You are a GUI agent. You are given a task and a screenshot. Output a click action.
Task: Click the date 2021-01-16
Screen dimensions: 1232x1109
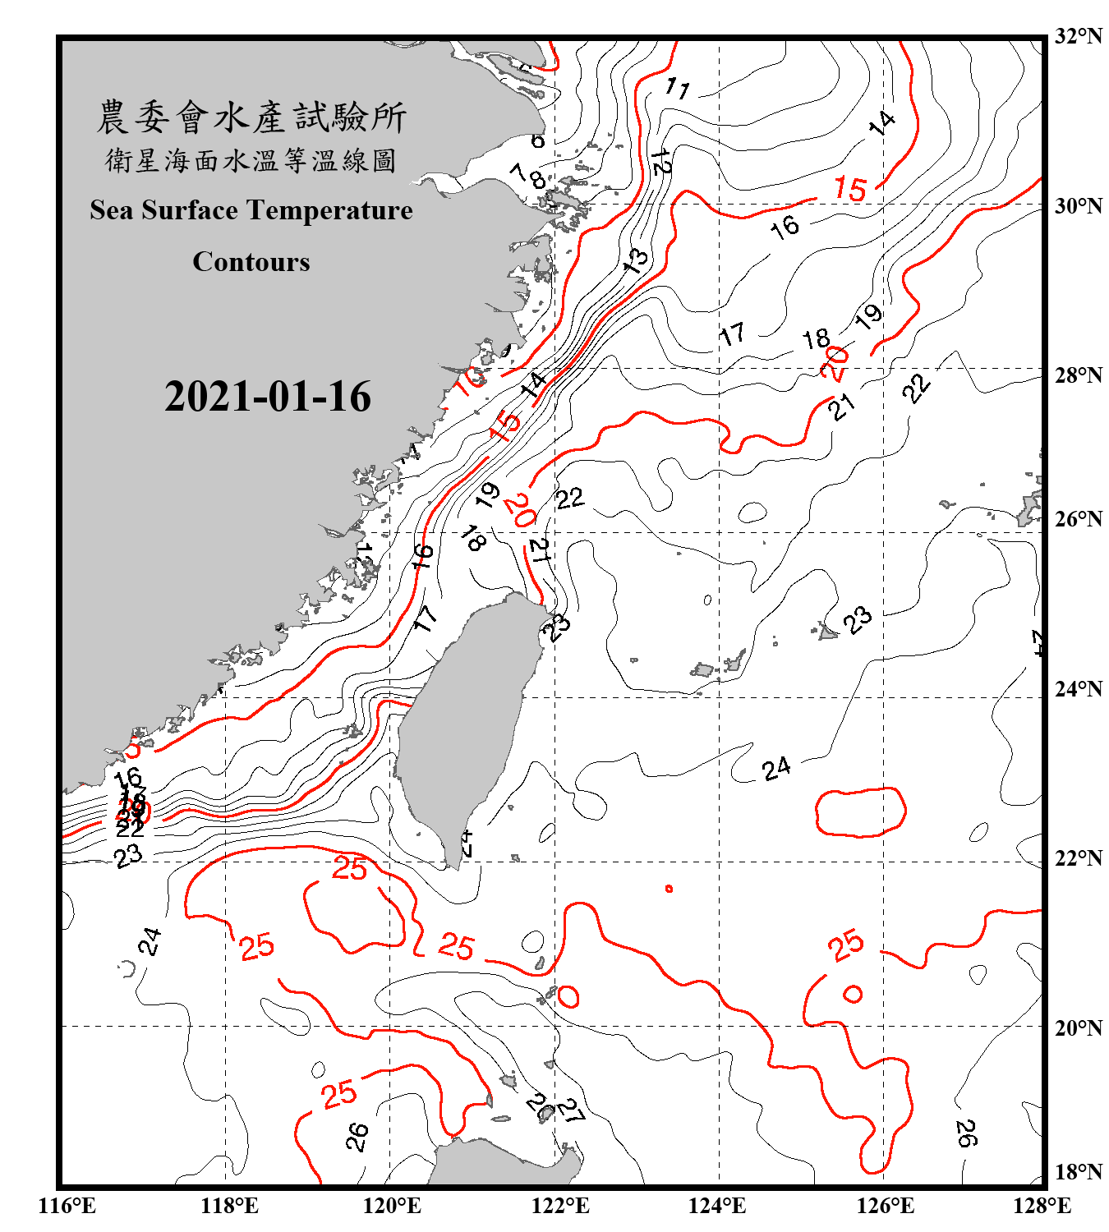268,397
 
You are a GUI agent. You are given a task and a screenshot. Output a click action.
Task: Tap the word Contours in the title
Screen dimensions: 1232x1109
251,262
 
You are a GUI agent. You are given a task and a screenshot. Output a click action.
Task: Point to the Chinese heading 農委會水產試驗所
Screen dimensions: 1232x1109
251,117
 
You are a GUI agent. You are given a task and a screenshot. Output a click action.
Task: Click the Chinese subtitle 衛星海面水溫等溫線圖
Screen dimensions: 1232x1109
251,160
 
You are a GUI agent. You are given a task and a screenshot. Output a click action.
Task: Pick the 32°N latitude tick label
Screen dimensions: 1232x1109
1078,36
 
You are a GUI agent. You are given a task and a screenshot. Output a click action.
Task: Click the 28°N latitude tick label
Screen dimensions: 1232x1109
1078,375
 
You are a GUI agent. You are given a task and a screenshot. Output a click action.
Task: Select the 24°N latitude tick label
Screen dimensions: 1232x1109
1078,689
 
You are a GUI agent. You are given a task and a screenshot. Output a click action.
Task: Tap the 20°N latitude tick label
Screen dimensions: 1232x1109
1078,1027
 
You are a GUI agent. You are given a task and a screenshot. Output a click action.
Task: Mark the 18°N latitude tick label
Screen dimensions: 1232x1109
1078,1172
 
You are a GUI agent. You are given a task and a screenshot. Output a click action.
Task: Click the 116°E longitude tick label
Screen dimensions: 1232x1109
67,1206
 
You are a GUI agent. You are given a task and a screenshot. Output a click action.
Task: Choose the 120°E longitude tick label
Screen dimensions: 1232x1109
392,1206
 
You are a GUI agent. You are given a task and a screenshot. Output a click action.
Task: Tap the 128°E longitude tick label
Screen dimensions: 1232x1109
1042,1206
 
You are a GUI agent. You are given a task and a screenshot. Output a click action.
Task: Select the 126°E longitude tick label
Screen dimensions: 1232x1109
885,1206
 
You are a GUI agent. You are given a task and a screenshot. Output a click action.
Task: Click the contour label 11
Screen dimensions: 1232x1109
678,87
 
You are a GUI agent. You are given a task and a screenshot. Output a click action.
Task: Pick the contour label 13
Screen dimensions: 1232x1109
636,260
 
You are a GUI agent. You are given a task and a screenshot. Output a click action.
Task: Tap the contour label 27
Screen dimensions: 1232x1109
571,1110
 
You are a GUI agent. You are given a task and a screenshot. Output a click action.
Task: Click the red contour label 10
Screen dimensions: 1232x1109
472,380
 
